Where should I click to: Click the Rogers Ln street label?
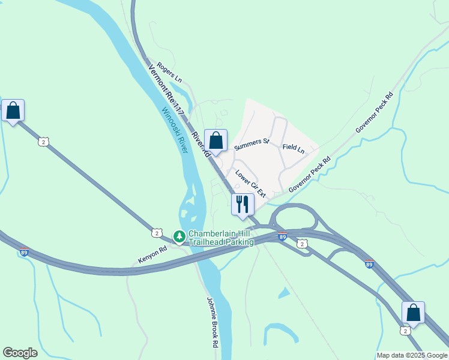point(169,72)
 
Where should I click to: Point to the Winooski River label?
point(174,130)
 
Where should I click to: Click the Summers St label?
point(252,144)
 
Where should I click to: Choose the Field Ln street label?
point(293,147)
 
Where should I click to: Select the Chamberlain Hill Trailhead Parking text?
point(221,238)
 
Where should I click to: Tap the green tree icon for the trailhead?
point(179,237)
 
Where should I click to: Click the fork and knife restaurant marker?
point(243,204)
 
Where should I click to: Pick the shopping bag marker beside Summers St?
point(216,141)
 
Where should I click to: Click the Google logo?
point(20,353)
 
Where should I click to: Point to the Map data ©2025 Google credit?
point(412,355)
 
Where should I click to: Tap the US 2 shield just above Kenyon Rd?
point(157,232)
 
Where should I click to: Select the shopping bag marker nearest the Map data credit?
point(413,313)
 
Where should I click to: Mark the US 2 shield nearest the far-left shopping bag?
point(43,142)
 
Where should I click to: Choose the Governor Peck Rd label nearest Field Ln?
point(310,175)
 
